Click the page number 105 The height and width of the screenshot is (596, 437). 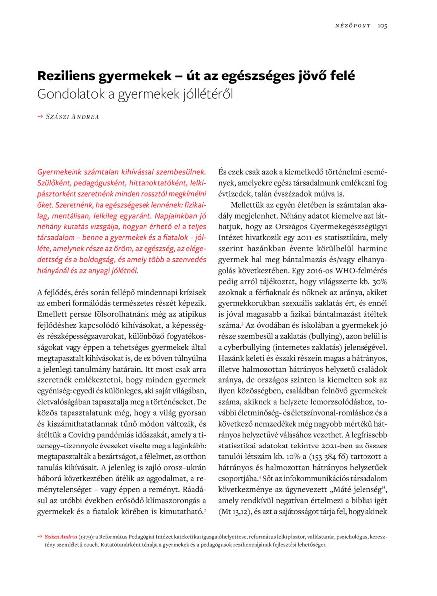click(x=382, y=26)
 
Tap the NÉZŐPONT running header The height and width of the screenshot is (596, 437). click(x=353, y=26)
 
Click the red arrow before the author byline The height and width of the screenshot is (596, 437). click(x=40, y=117)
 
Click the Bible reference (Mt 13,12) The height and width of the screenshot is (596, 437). click(x=236, y=510)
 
